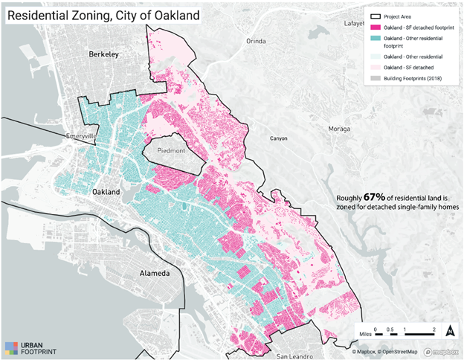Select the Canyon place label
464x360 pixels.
[x=279, y=138]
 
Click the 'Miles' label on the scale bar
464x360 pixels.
[x=362, y=335]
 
